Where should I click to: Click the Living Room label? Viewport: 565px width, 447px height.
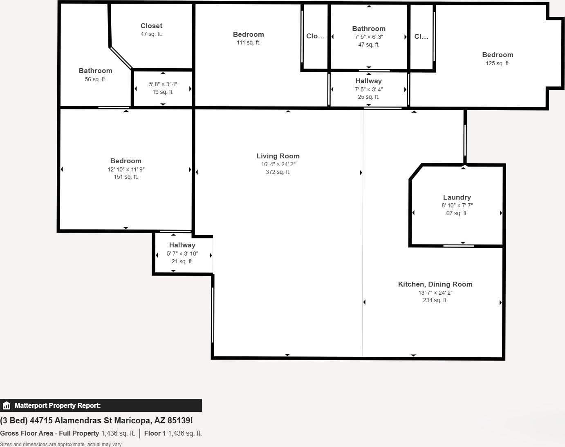pyautogui.click(x=278, y=156)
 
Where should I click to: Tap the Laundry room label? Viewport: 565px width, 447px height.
pyautogui.click(x=457, y=197)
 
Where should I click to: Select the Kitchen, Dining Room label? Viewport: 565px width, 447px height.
pyautogui.click(x=435, y=284)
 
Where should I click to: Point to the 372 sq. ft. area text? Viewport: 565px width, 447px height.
pyautogui.click(x=278, y=172)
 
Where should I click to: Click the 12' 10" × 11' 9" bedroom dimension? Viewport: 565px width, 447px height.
pyautogui.click(x=126, y=169)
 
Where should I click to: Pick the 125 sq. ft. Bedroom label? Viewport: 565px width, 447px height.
pyautogui.click(x=498, y=55)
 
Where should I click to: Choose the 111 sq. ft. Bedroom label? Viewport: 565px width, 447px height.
pyautogui.click(x=249, y=34)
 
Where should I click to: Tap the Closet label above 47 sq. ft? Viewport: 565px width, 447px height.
pyautogui.click(x=151, y=26)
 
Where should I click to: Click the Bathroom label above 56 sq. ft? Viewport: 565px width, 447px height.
pyautogui.click(x=95, y=71)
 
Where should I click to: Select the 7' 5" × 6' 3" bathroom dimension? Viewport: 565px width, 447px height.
pyautogui.click(x=369, y=37)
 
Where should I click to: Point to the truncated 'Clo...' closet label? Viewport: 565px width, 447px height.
pyautogui.click(x=315, y=36)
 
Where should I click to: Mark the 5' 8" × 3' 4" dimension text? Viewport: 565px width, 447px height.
pyautogui.click(x=163, y=84)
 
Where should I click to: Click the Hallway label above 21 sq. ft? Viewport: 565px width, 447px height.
pyautogui.click(x=182, y=245)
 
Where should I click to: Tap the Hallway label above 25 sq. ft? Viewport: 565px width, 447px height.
pyautogui.click(x=369, y=81)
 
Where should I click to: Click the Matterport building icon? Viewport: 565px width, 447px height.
pyautogui.click(x=6, y=405)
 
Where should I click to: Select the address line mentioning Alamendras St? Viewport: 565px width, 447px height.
pyautogui.click(x=96, y=420)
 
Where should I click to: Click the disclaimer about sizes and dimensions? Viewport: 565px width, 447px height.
pyautogui.click(x=61, y=444)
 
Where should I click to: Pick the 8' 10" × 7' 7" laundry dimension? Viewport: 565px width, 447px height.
pyautogui.click(x=457, y=205)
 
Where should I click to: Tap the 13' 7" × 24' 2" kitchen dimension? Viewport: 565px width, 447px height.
pyautogui.click(x=435, y=293)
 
